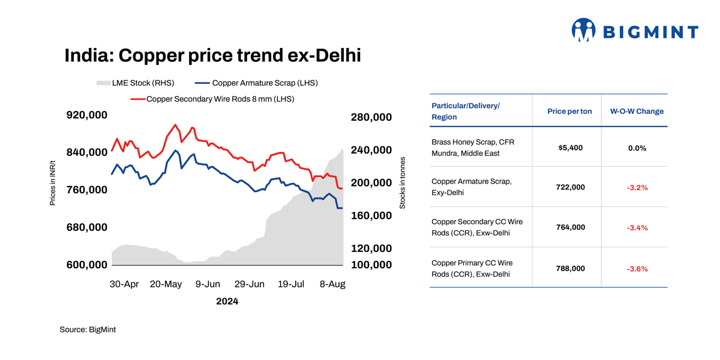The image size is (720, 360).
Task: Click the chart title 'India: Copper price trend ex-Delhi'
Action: point(212,56)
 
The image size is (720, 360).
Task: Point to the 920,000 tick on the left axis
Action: point(87,115)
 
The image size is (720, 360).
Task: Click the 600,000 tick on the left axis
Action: point(87,265)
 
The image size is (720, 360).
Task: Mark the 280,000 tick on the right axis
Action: point(371,117)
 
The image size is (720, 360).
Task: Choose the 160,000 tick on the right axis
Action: point(371,215)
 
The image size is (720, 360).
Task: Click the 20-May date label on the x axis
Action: point(166,284)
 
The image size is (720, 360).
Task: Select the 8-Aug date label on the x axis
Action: point(332,284)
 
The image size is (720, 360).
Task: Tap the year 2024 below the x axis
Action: point(227,301)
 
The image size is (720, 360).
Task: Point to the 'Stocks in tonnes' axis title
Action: point(403,183)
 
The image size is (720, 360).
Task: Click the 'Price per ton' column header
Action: point(569,112)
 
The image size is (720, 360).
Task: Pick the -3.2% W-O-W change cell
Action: point(637,188)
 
